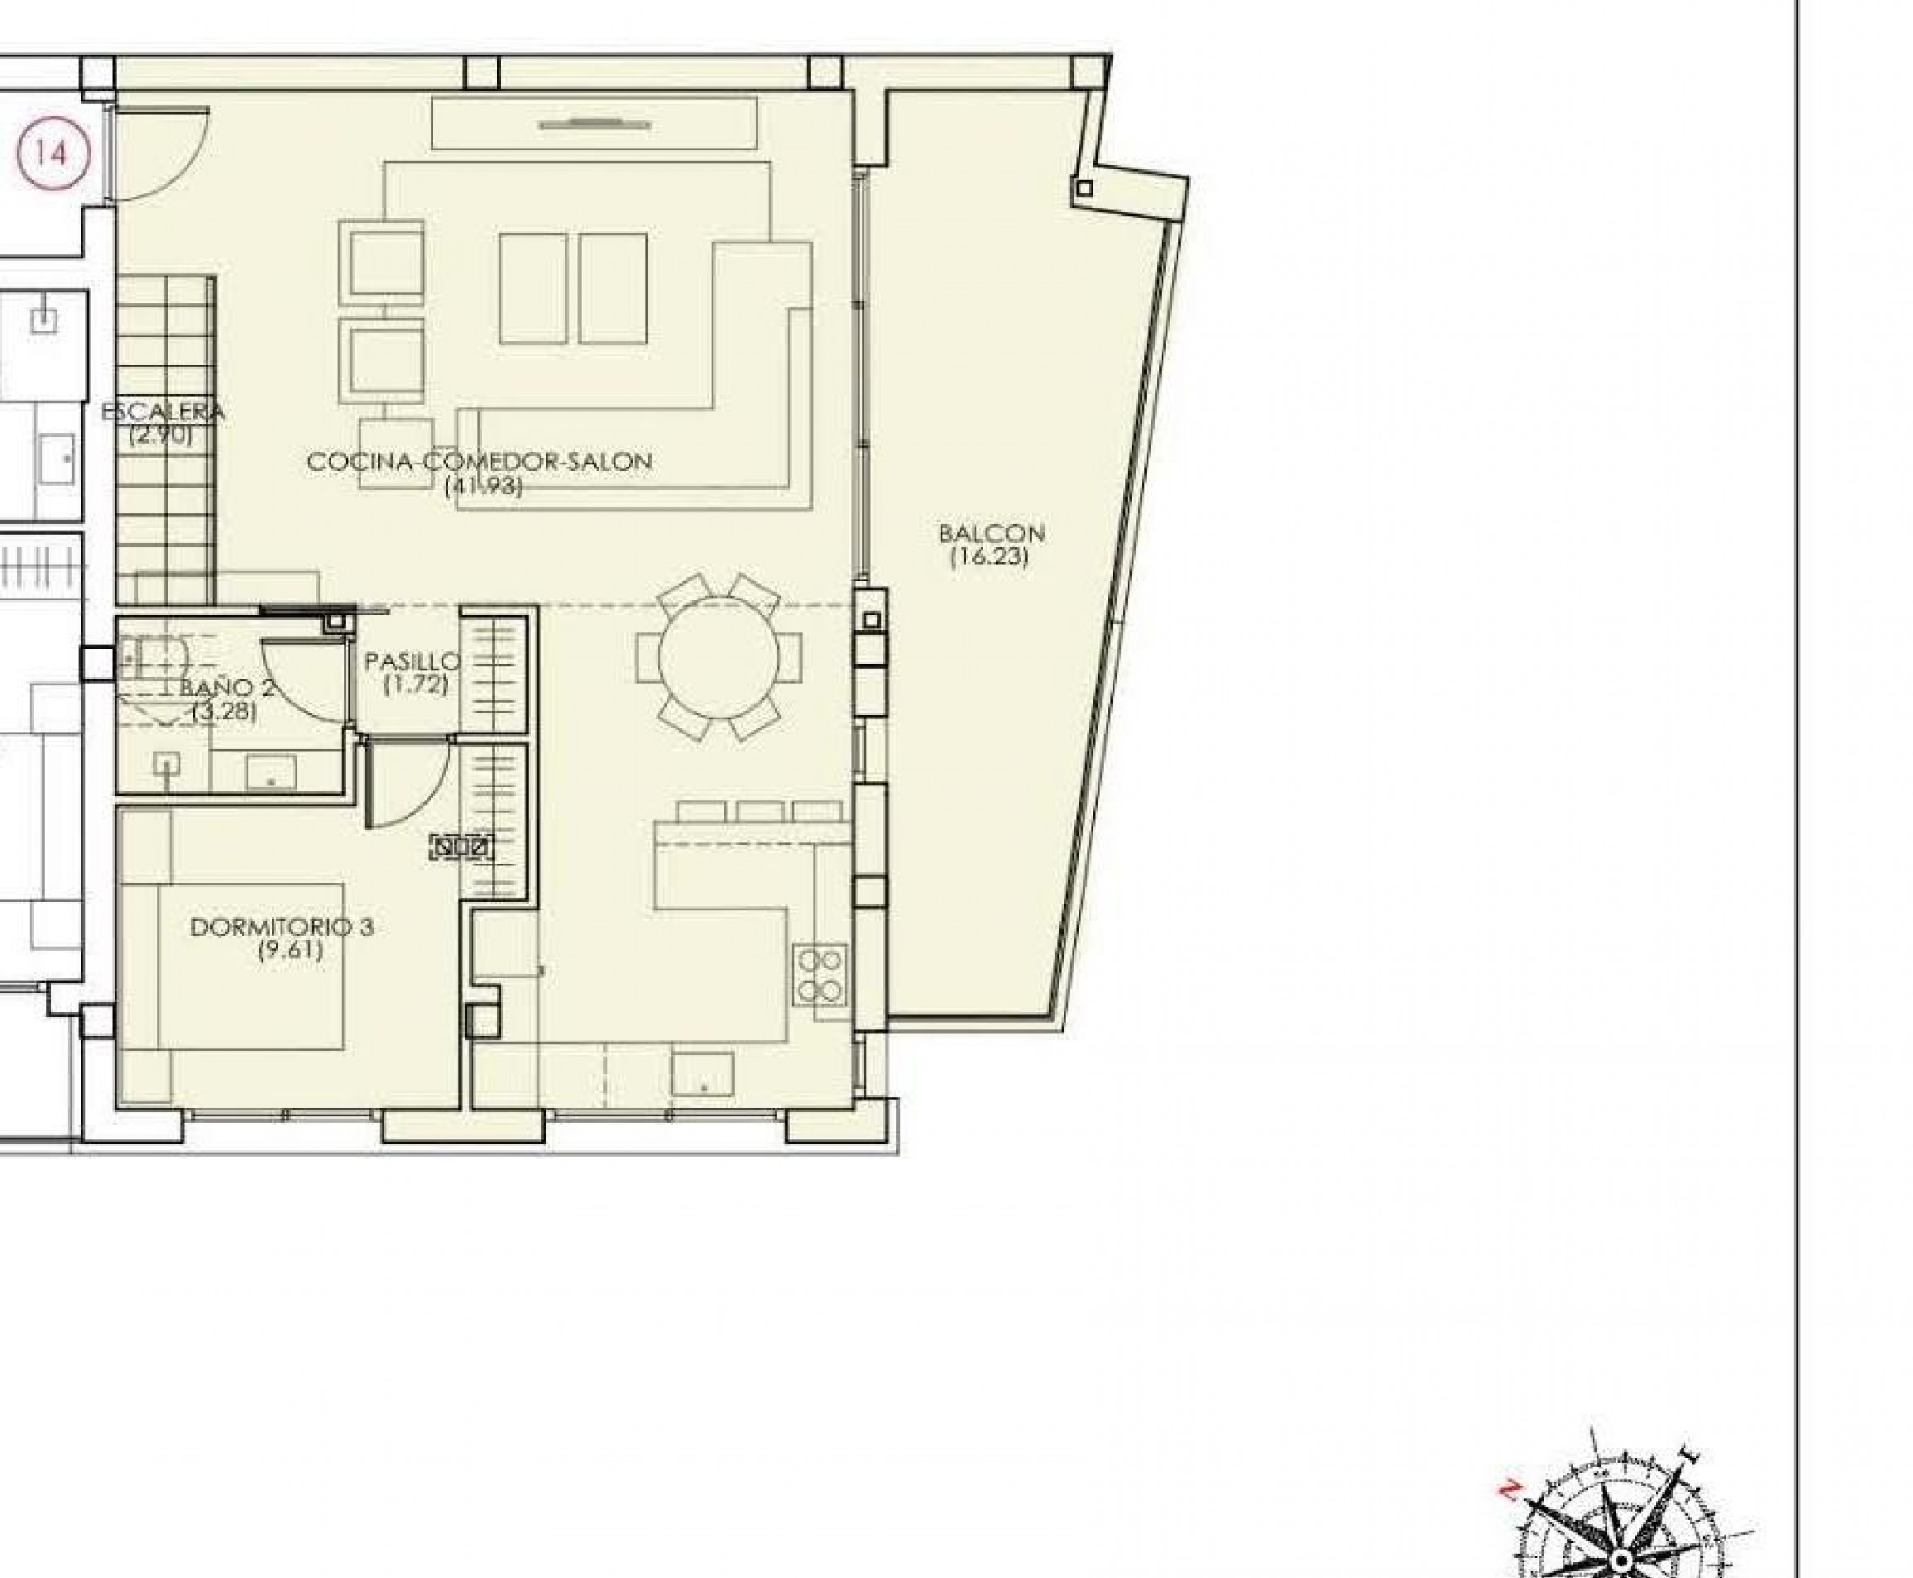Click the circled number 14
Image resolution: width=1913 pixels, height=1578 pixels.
[52, 153]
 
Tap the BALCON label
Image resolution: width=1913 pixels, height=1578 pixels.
[991, 533]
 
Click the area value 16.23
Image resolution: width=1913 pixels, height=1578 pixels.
[989, 557]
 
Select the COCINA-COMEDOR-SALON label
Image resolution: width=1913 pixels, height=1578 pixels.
[479, 462]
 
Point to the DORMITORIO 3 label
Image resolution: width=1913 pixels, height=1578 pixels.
[281, 927]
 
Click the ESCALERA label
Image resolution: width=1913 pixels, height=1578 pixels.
[163, 411]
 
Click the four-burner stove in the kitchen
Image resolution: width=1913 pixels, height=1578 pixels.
[820, 974]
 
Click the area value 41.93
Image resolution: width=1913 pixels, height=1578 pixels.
[483, 487]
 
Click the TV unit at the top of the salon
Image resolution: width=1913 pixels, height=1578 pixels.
[594, 124]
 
